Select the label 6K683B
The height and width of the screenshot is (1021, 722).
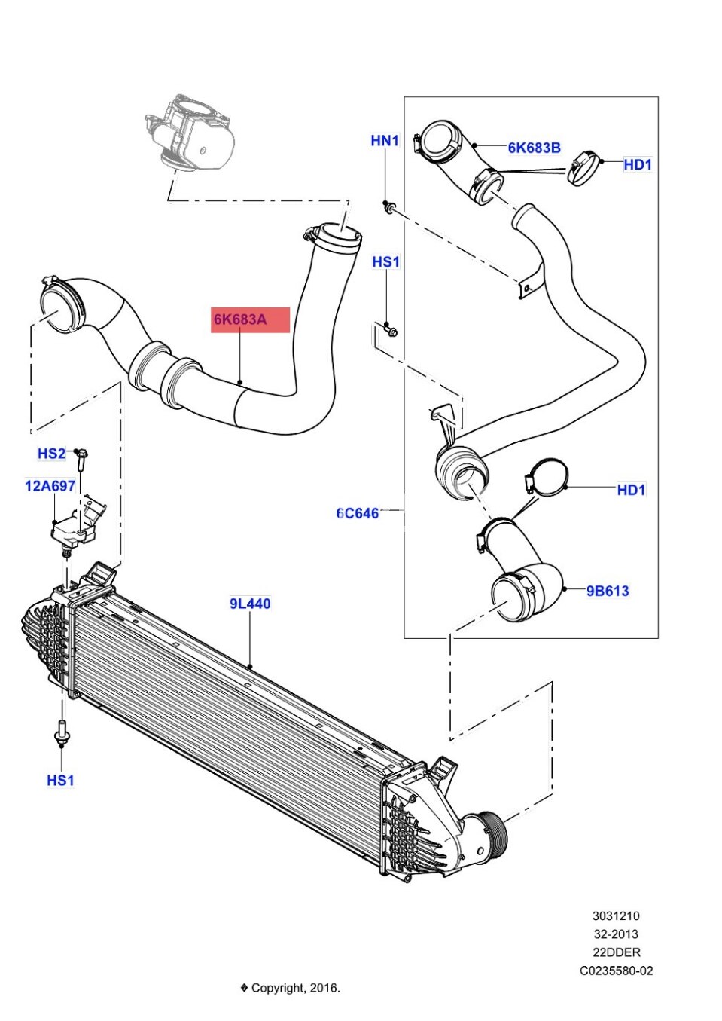coord(534,148)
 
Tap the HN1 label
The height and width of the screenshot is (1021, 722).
coord(385,141)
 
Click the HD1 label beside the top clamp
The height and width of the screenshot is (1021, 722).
coord(637,164)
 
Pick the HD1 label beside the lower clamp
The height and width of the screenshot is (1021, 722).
coord(631,490)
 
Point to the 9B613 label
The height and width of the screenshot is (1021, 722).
coord(608,591)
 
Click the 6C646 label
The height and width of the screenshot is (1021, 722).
coord(358,513)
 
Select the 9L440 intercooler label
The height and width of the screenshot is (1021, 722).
coord(250,603)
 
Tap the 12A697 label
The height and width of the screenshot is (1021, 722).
coord(50,486)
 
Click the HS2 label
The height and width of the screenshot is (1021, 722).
coord(51,453)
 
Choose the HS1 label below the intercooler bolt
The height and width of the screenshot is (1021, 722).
coord(60,780)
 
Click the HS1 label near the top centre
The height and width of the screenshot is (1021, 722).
coord(385,262)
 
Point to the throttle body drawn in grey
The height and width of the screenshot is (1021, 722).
coord(190,136)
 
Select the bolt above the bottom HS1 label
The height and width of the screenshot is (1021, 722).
coord(61,732)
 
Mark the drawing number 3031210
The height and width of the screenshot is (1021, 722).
coord(615,916)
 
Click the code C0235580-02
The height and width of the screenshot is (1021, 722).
coord(616,971)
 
